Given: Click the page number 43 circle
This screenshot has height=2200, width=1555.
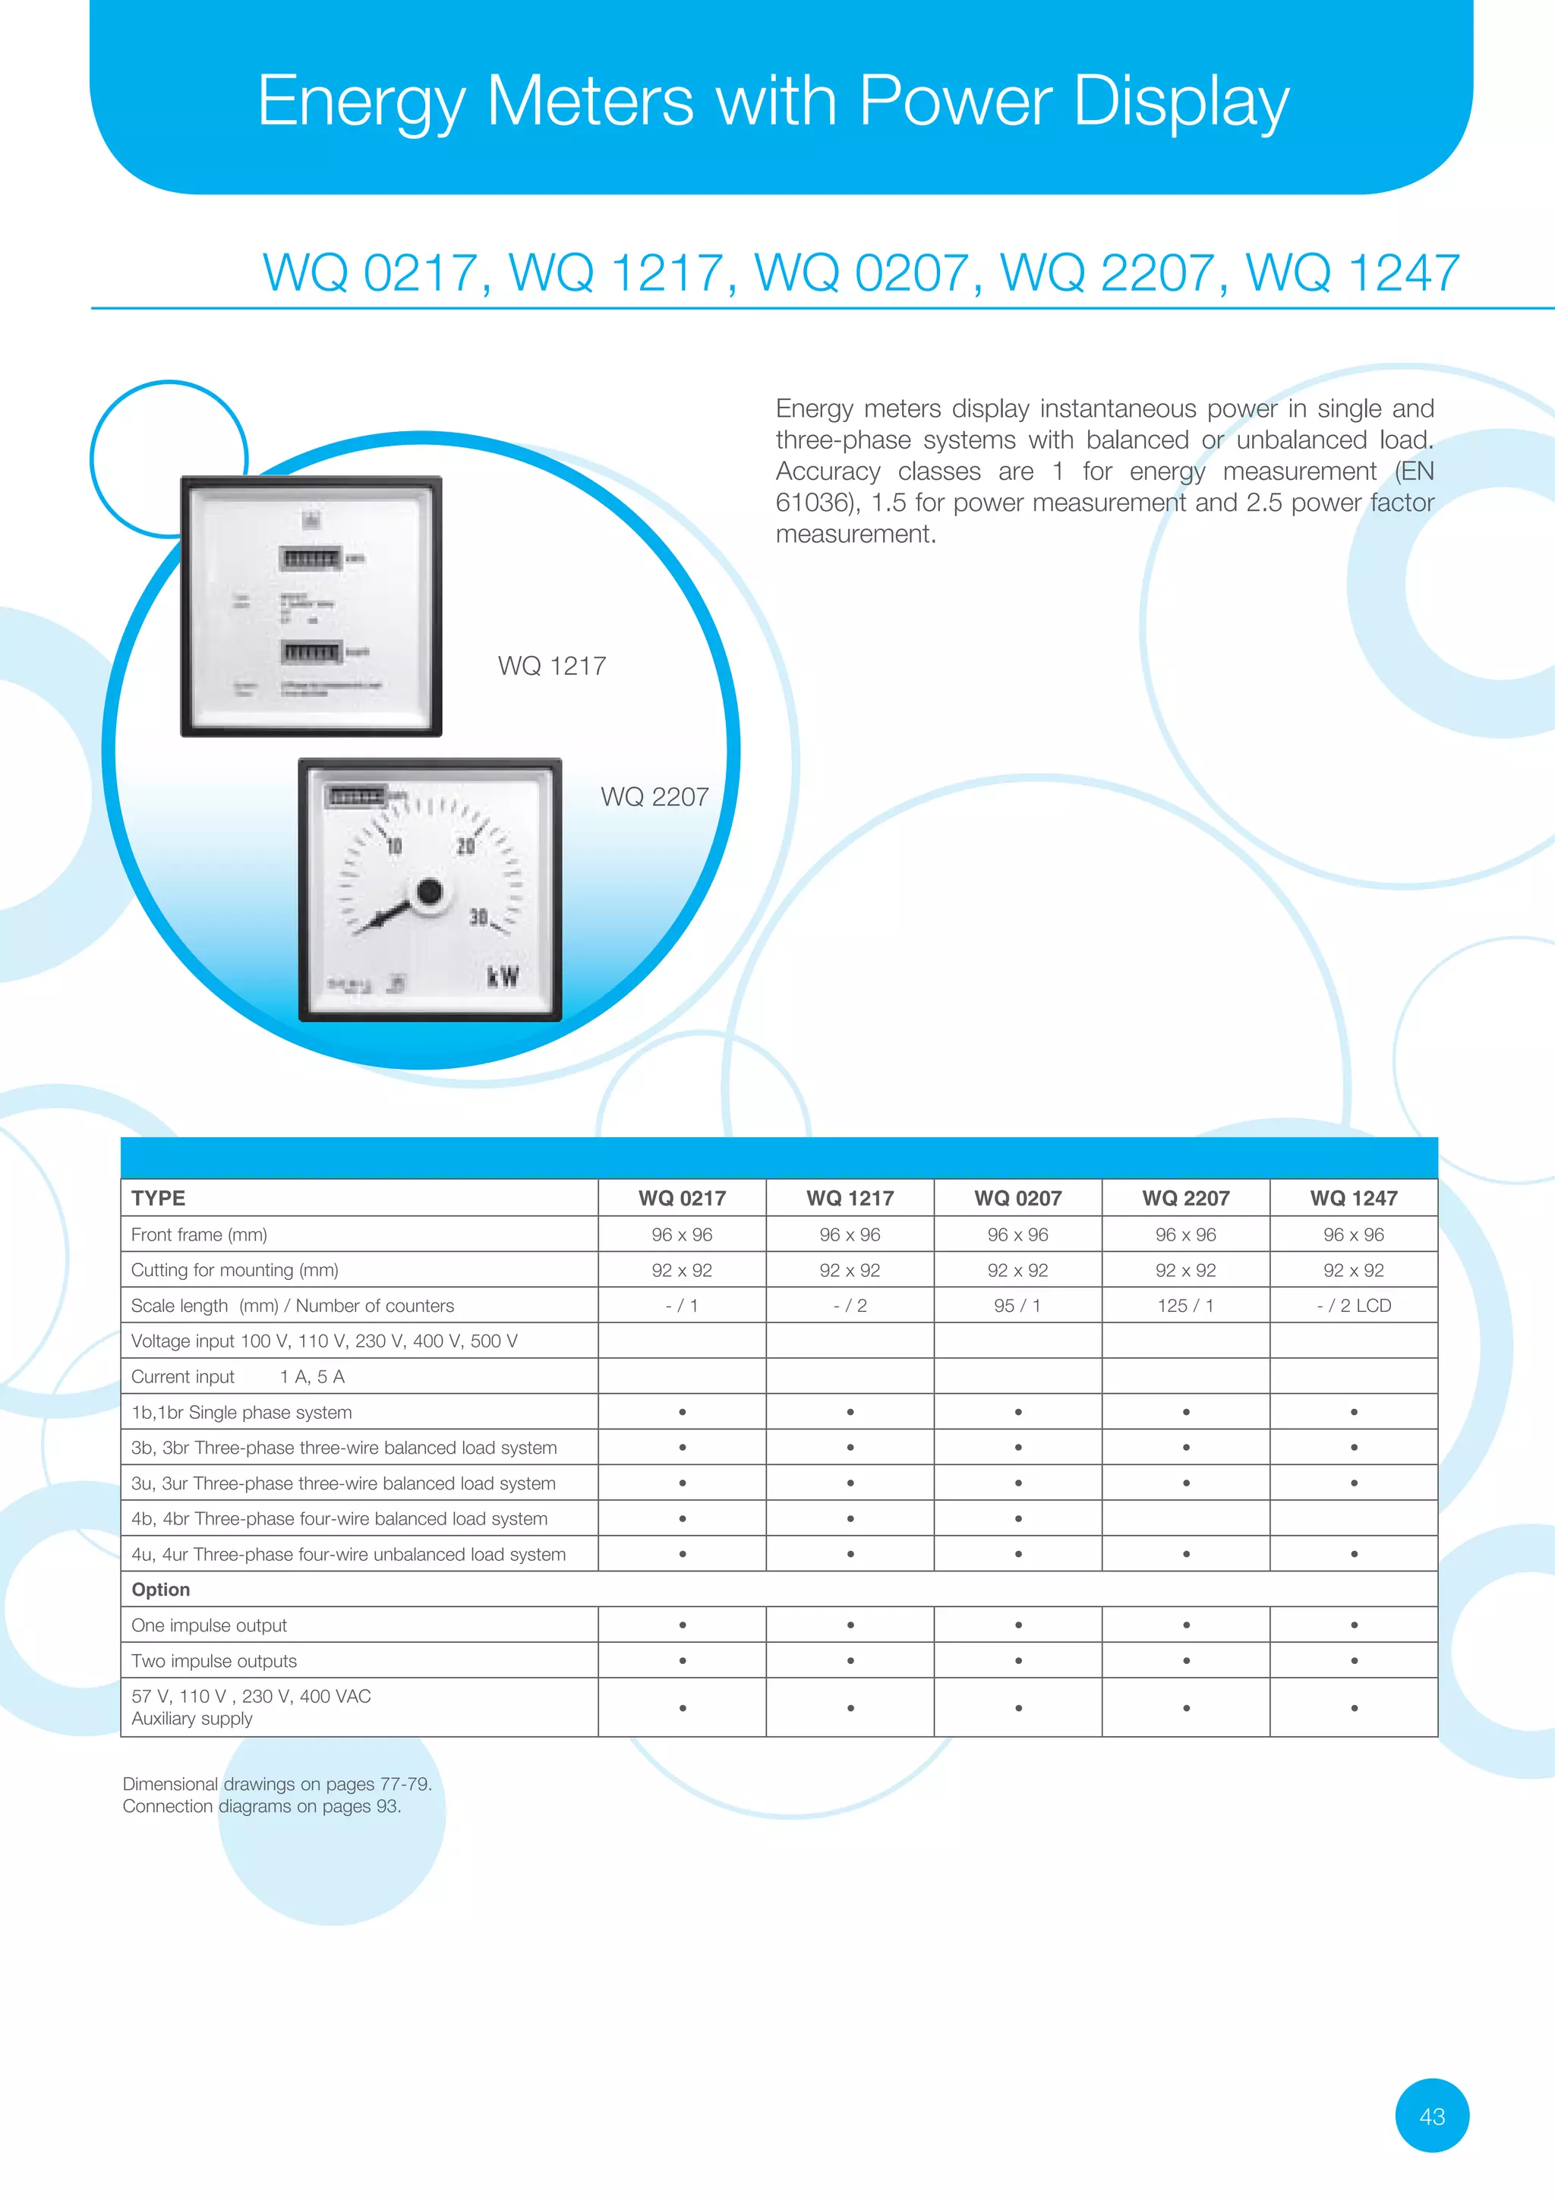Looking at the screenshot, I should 1431,2116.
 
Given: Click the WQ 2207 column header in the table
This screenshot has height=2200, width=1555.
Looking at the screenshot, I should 1185,1198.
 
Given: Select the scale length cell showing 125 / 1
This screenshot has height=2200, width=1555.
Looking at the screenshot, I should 1185,1305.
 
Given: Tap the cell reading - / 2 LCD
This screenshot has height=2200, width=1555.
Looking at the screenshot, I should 1353,1305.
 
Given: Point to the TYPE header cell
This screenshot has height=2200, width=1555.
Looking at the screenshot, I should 159,1198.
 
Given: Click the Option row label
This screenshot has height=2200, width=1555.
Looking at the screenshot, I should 161,1590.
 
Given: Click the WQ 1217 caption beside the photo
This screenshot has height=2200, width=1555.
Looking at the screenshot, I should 552,666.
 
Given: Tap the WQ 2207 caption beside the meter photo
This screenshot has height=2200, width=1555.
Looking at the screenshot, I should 654,796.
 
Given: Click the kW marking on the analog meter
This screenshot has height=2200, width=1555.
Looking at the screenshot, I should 503,976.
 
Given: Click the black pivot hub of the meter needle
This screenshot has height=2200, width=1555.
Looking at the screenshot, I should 429,892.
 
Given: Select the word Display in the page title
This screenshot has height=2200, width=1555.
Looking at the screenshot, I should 1181,101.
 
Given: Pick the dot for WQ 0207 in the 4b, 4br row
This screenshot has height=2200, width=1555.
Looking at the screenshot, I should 1017,1519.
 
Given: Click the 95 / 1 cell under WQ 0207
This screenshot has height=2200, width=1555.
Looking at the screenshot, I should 1017,1305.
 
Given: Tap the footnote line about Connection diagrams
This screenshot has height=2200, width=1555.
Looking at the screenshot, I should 261,1806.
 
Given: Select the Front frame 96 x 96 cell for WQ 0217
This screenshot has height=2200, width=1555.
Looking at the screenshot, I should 681,1234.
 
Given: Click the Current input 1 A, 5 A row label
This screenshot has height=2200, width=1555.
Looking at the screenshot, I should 238,1377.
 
